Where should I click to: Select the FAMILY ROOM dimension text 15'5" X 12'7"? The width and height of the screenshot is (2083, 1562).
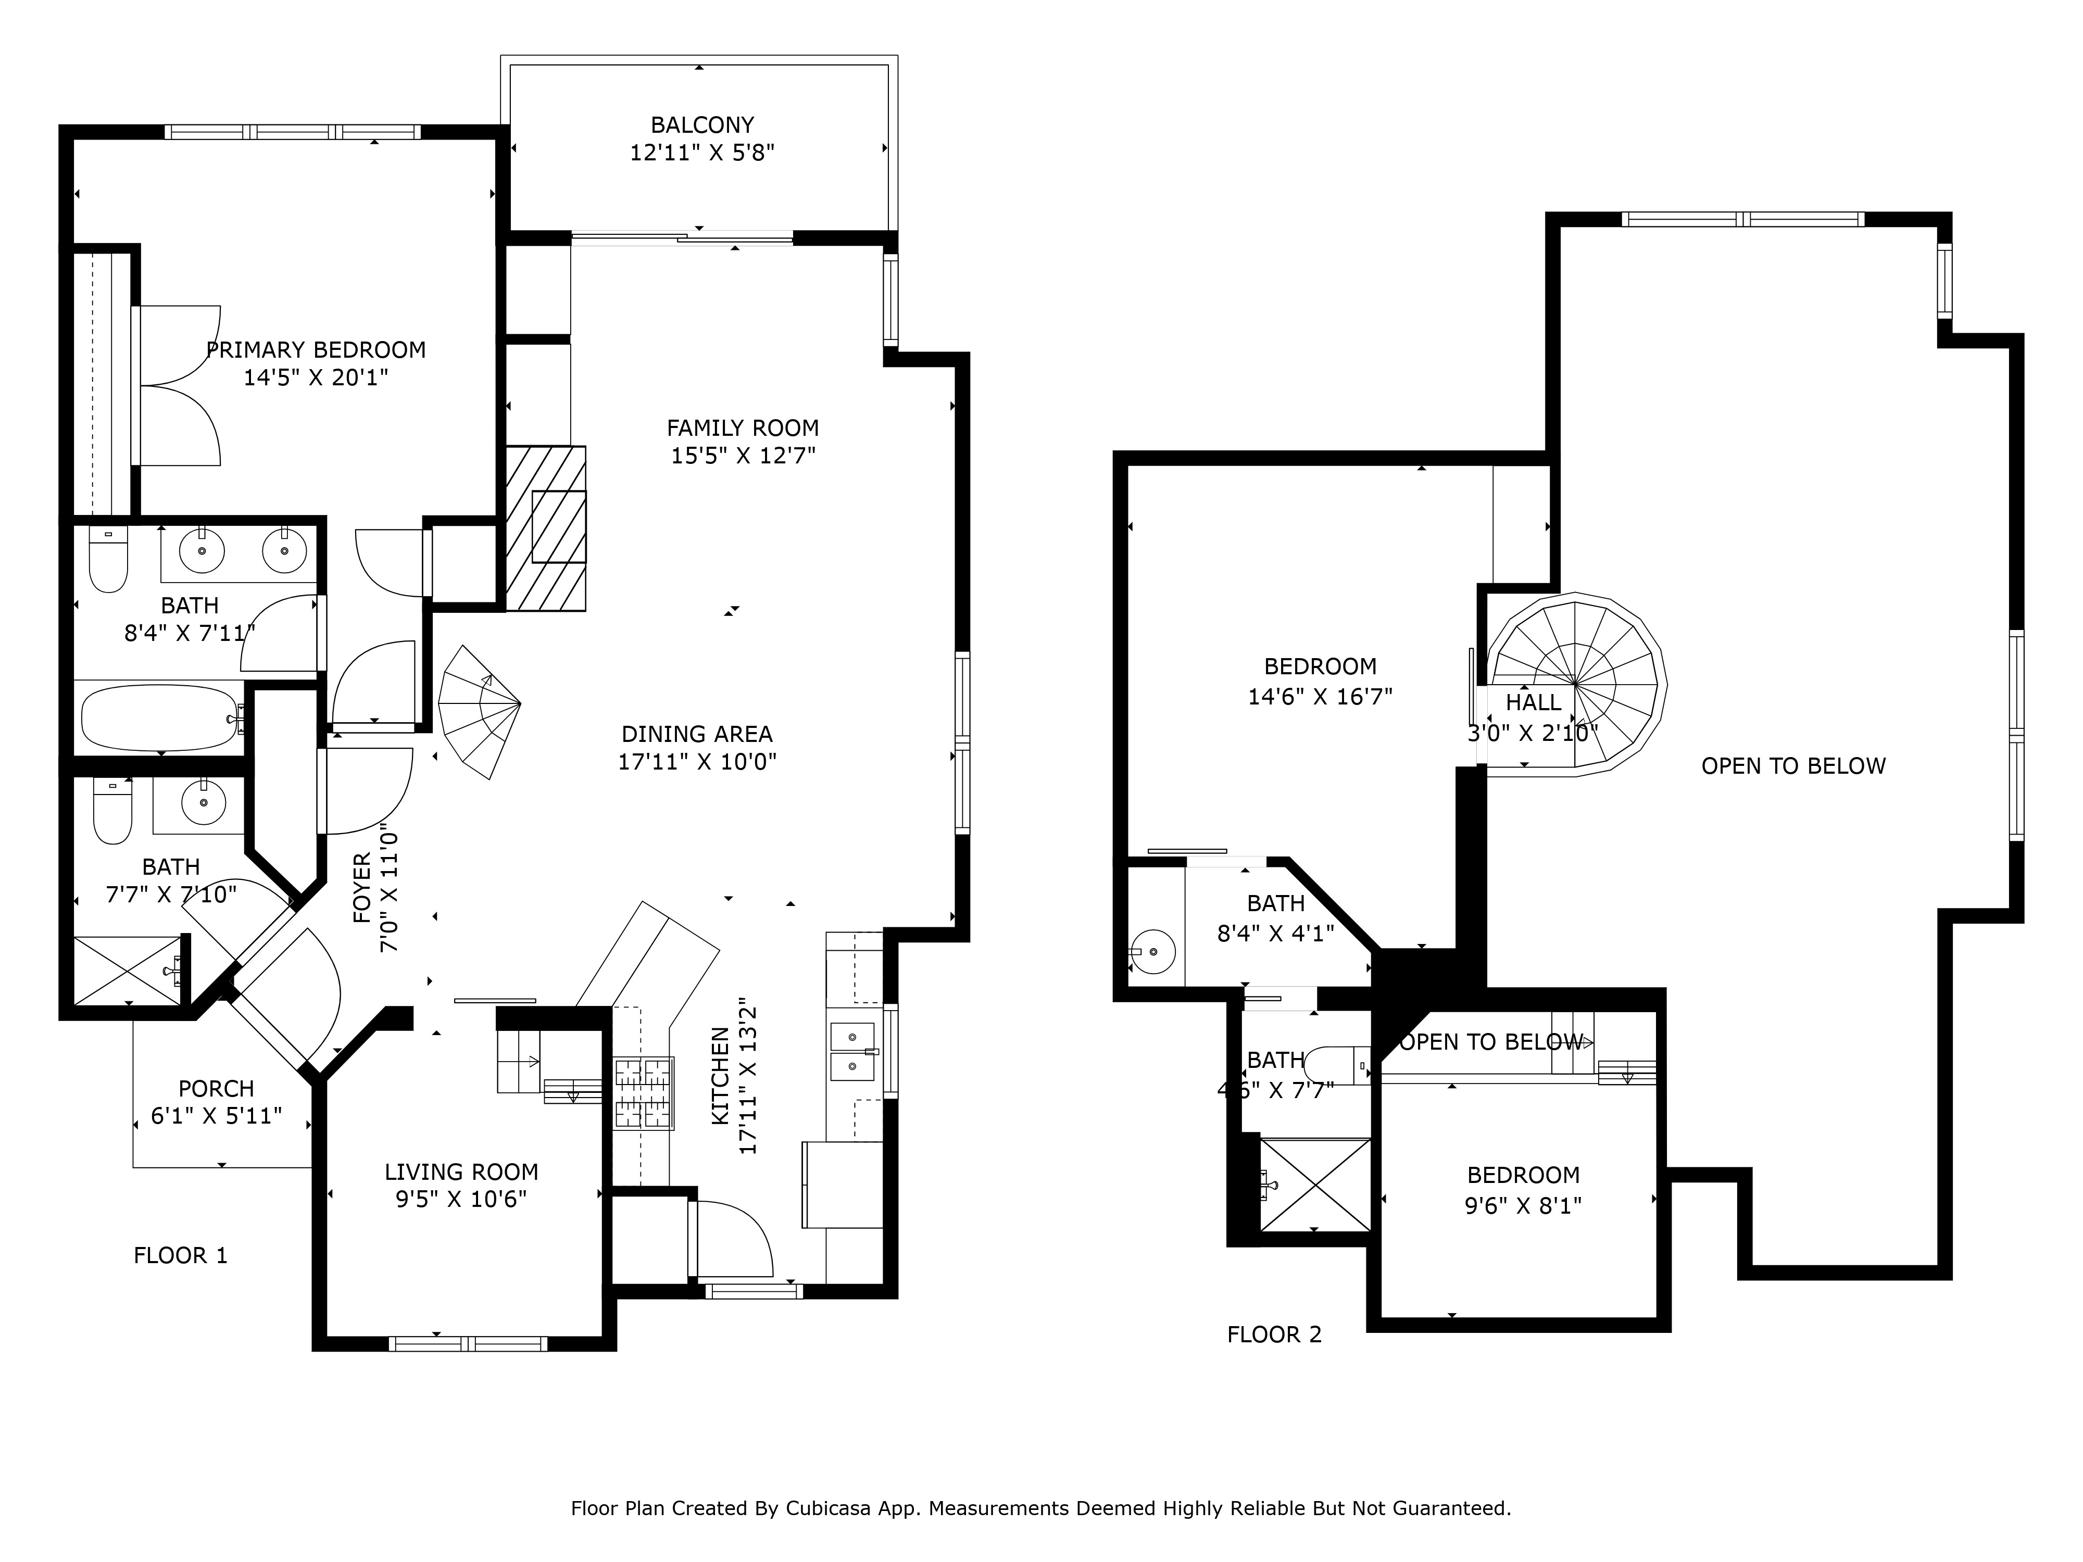tap(743, 456)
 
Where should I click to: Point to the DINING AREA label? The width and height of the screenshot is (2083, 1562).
tap(697, 734)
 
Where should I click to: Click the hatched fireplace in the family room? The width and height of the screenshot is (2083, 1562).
tap(546, 528)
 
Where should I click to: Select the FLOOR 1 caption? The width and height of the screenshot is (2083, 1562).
tap(181, 1255)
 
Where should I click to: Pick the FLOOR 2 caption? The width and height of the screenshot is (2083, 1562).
tap(1274, 1334)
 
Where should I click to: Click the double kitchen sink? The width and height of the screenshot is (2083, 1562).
tap(853, 1052)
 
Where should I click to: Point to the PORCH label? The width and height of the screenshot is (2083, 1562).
tap(217, 1088)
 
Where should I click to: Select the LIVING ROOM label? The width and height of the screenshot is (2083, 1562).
tap(461, 1172)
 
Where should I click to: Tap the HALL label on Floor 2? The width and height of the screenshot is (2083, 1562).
tap(1533, 702)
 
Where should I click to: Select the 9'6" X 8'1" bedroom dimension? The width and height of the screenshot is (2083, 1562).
tap(1523, 1205)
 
